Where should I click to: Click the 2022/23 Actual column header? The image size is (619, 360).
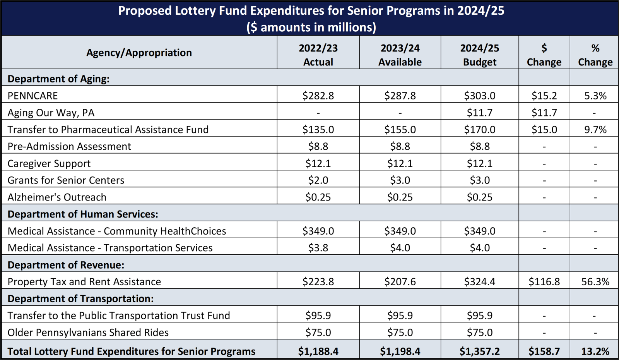[318, 55]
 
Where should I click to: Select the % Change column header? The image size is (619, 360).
[595, 55]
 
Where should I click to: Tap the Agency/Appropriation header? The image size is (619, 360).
[139, 53]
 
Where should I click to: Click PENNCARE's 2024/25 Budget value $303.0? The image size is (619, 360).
[479, 96]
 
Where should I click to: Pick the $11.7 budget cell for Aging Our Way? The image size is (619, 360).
[479, 113]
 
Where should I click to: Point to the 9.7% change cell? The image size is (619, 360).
[595, 129]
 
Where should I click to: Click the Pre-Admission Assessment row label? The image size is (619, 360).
[69, 146]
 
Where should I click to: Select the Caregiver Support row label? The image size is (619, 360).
[49, 163]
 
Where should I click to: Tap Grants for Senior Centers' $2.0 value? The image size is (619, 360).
[318, 180]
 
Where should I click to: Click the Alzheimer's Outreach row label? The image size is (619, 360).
[57, 197]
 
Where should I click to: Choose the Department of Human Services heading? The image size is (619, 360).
[83, 214]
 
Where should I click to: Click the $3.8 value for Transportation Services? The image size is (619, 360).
[318, 248]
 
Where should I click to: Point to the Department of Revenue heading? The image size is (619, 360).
[66, 265]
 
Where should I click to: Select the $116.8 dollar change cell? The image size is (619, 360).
[544, 281]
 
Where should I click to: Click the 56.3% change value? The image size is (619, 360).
[595, 281]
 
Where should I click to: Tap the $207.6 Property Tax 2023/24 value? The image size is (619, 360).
[400, 281]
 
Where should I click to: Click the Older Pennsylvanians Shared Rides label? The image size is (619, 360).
[88, 333]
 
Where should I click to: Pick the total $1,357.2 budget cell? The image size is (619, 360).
[479, 351]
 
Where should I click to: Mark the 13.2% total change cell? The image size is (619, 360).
[595, 351]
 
